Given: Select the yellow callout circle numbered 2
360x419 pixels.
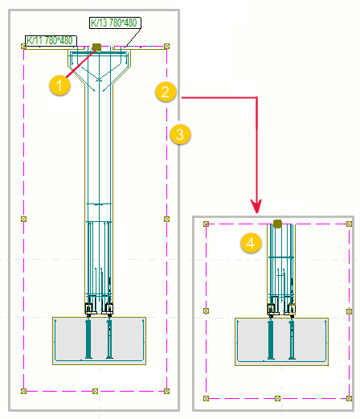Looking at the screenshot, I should (x=164, y=92).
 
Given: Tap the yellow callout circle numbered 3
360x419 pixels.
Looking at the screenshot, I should (x=182, y=135).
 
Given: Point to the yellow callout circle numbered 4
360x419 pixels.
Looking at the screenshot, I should (x=252, y=242).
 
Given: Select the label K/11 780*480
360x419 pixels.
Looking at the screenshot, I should (x=50, y=40).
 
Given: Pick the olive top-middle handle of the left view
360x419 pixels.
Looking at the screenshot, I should (x=96, y=47).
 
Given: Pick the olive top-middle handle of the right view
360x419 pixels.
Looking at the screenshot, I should (x=277, y=224).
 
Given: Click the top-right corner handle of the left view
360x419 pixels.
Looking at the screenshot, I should (x=167, y=47).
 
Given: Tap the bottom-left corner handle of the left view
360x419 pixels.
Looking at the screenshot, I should (x=24, y=391).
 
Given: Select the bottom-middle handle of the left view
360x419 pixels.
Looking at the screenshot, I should (x=96, y=391).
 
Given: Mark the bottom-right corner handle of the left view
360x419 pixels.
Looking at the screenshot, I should (x=167, y=391).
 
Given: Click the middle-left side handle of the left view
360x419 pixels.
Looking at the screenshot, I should (x=24, y=219).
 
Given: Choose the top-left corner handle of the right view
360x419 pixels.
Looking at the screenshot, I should (x=207, y=224).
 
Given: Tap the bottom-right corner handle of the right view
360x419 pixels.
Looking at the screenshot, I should (x=348, y=397).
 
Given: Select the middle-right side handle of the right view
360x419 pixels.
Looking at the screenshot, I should (x=348, y=310).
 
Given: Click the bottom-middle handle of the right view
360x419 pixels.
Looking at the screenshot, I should (x=277, y=397).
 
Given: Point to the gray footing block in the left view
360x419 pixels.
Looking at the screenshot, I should (x=98, y=341).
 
